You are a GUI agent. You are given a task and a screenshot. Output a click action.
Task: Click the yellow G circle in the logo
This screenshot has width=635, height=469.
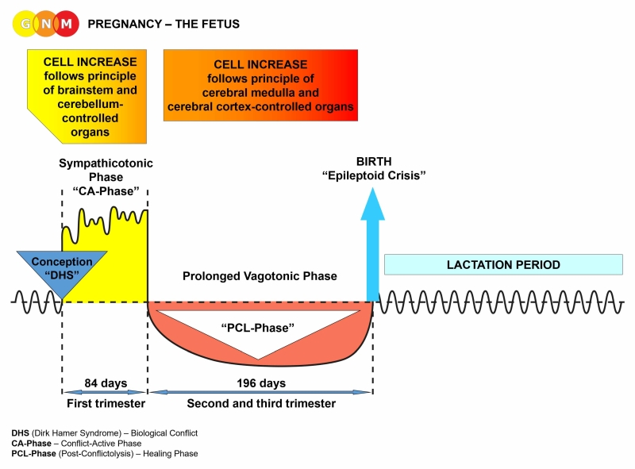[25, 24]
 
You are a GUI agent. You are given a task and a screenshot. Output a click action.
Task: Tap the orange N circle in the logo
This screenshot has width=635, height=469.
[47, 24]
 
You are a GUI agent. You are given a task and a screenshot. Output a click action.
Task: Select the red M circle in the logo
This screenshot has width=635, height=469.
[68, 24]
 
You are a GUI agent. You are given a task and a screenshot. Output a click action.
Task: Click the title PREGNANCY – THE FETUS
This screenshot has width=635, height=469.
[164, 25]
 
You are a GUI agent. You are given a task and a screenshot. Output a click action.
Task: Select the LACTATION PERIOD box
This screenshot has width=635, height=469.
[503, 265]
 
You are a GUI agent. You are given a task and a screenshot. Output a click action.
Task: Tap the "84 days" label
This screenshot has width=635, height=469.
[106, 383]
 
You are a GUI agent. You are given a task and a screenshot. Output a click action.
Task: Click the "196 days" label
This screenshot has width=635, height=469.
[261, 383]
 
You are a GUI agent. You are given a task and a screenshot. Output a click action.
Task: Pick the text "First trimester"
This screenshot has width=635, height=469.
[106, 403]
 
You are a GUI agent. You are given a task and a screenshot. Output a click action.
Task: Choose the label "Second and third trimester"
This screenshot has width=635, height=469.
[261, 403]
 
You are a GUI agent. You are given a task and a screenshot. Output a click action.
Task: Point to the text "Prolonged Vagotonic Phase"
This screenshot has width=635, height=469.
[260, 276]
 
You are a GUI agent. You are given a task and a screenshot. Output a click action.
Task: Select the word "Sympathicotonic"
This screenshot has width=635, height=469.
[106, 163]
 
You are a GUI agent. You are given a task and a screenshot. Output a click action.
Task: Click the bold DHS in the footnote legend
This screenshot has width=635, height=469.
[21, 432]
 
